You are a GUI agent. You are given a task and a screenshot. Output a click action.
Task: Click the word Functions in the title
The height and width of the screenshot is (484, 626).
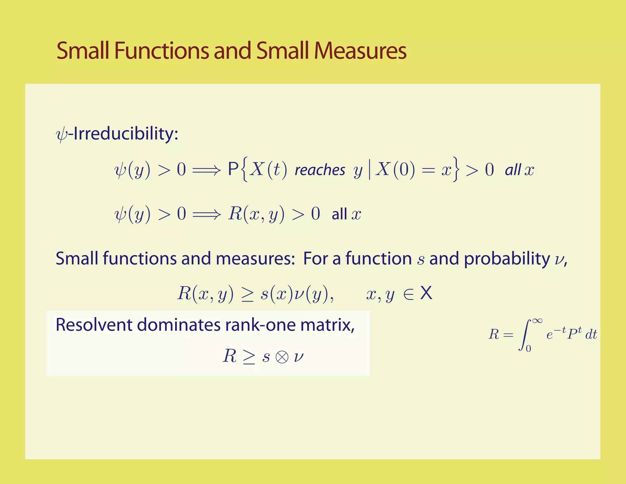coord(162,50)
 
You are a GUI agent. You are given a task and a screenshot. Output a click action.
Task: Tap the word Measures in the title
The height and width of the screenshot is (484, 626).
coord(360,50)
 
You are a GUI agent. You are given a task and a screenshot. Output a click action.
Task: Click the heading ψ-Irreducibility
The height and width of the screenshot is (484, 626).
coord(117,134)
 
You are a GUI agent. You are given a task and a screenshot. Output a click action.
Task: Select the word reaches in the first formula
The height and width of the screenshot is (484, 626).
coord(320,170)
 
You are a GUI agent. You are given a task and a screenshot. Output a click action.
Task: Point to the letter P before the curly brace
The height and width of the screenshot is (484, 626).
coord(233,169)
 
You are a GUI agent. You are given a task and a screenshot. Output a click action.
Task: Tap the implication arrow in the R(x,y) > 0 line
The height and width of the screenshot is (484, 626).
coord(206,214)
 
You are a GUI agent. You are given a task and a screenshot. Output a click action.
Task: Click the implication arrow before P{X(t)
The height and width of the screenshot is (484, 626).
coord(206,170)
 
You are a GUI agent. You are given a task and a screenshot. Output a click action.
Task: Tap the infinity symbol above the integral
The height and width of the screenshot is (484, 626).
coord(537,321)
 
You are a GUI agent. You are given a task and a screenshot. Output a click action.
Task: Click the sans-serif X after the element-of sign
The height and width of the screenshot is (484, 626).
coord(426,293)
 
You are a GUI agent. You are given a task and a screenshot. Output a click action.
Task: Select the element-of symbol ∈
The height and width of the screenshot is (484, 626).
coord(408,294)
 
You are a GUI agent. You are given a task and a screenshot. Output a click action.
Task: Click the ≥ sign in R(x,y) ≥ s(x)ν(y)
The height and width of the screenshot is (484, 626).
coord(247,294)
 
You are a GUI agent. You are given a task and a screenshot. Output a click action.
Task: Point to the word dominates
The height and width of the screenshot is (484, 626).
coord(179,325)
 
